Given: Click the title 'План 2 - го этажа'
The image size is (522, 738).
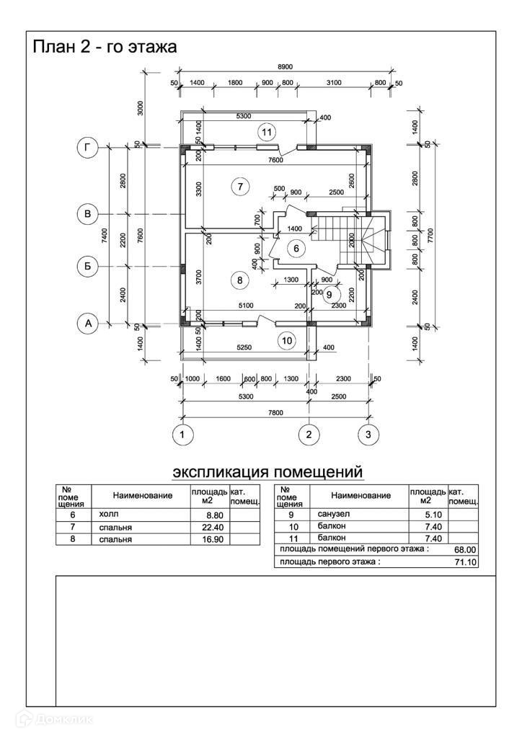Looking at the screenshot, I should click(105, 47).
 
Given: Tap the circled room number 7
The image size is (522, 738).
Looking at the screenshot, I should click(240, 186).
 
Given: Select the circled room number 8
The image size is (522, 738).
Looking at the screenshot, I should click(240, 279).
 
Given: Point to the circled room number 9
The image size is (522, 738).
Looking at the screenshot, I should click(329, 293).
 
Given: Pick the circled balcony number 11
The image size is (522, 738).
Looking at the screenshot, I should click(267, 132).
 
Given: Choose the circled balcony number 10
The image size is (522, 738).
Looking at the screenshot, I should click(287, 339).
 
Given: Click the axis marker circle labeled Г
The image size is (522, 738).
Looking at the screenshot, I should click(88, 148).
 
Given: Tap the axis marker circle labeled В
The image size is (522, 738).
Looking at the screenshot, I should click(88, 214).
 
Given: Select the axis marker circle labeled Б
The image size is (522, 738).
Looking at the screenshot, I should click(88, 267).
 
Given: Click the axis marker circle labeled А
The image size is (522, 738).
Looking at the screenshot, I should click(88, 324).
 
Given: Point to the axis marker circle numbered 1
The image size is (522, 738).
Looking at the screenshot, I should click(182, 435).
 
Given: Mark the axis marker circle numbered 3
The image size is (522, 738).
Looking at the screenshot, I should click(368, 435).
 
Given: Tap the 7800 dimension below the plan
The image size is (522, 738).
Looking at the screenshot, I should click(275, 411).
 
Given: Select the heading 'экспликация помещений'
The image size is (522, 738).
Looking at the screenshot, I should click(267, 472).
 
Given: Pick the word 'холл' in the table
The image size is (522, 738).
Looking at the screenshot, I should click(108, 515).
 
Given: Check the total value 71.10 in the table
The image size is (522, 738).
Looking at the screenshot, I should click(465, 562).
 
